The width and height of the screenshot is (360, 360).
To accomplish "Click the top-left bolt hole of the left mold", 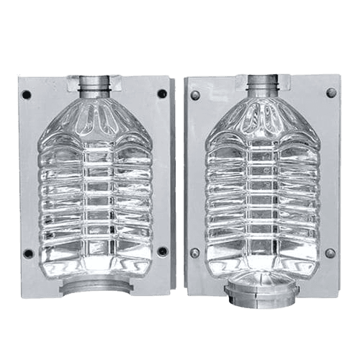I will (x=27, y=94).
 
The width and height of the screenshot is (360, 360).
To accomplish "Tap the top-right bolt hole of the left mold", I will (x=162, y=93).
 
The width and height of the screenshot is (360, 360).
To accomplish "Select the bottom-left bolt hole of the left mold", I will (x=28, y=253).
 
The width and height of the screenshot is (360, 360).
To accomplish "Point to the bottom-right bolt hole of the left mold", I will (x=162, y=251).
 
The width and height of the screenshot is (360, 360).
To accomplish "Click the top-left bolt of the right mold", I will (x=195, y=94).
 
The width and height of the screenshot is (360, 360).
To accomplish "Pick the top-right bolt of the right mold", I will (x=331, y=92).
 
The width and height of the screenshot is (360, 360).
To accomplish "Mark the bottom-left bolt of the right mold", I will (x=195, y=253).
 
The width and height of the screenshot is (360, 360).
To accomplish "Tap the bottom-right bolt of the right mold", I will (x=330, y=253).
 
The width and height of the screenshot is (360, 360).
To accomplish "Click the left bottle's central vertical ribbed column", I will (x=96, y=194).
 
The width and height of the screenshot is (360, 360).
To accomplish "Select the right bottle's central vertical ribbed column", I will (x=264, y=194).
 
